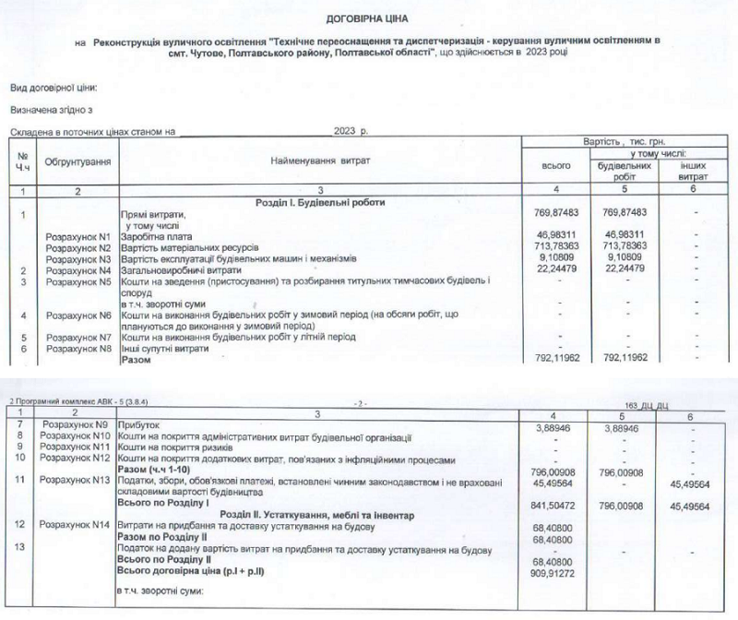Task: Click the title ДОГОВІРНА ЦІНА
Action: [x=368, y=18]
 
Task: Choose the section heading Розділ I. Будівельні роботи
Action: [x=320, y=202]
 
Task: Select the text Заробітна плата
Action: [x=155, y=236]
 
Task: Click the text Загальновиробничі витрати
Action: [x=178, y=269]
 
